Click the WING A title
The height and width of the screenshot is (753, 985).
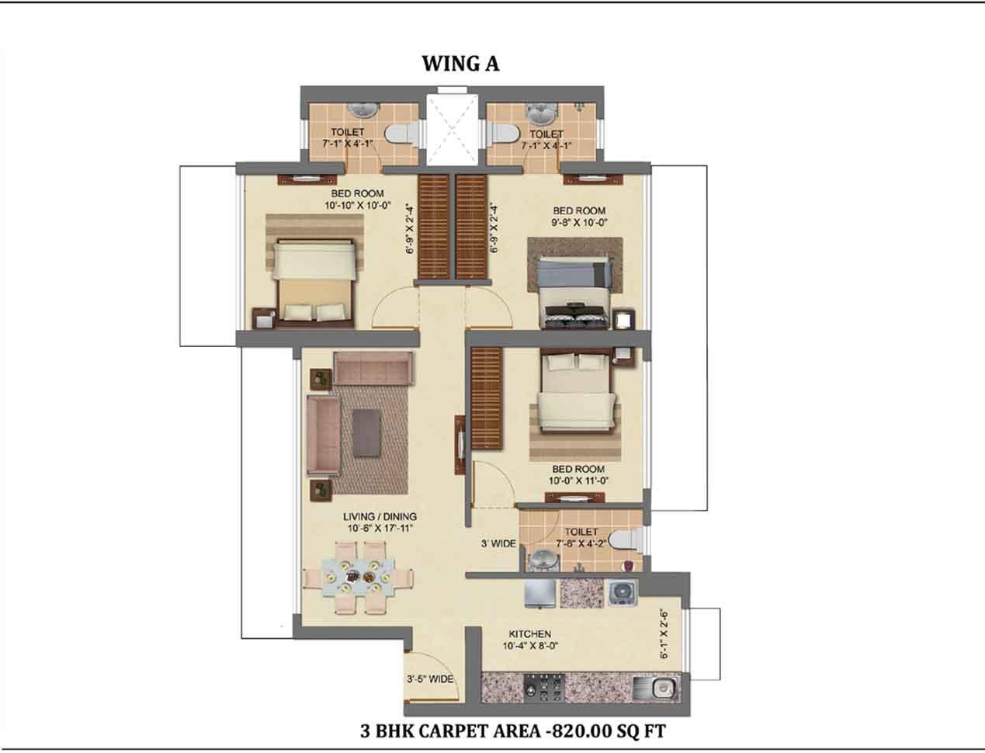[460, 64]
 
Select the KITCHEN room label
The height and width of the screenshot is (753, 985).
[529, 634]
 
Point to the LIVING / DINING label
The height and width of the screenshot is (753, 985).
[380, 516]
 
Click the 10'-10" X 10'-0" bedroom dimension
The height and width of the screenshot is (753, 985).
[358, 206]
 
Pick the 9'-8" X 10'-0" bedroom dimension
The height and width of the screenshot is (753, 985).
[578, 222]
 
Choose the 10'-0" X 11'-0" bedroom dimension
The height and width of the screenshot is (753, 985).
[578, 481]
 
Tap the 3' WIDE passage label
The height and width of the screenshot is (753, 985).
[498, 543]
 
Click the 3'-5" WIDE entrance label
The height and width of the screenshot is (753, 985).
[430, 679]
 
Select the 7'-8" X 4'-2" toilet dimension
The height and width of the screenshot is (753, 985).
[581, 543]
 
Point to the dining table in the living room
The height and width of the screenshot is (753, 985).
[358, 577]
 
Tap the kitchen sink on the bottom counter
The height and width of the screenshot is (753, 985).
[657, 689]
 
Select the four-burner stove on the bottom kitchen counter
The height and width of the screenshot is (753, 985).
[543, 688]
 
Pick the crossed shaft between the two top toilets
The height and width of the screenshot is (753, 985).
[453, 129]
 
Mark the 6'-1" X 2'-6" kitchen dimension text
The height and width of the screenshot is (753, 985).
[664, 633]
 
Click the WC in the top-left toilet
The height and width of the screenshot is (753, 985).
[403, 134]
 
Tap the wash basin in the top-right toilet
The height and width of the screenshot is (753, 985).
[541, 113]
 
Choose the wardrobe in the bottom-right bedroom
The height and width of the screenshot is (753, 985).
[486, 398]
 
